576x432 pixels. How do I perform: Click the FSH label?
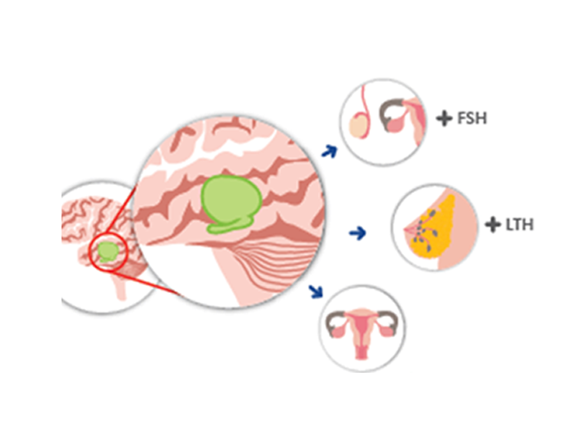tap(472, 117)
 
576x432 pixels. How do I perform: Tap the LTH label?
tap(519, 225)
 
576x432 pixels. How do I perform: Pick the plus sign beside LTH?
tap(492, 225)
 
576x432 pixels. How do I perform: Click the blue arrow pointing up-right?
tap(329, 150)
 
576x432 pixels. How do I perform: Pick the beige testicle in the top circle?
tap(358, 128)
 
